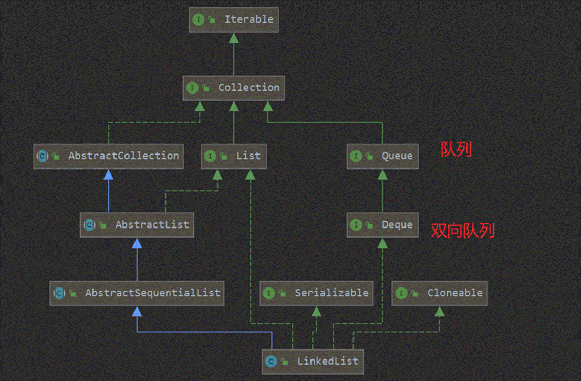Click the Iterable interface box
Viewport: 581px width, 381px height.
point(234,19)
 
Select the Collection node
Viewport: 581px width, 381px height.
point(234,87)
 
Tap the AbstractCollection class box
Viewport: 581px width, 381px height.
point(108,156)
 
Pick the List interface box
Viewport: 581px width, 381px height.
point(234,156)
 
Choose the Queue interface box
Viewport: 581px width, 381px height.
point(382,156)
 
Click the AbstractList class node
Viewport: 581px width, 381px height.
point(137,225)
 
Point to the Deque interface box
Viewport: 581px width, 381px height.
point(382,225)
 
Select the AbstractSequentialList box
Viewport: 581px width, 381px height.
point(137,293)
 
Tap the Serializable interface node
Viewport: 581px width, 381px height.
point(316,293)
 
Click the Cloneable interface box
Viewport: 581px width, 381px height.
point(440,293)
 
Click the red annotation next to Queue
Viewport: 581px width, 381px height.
point(456,150)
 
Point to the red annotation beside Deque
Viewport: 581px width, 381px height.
point(462,230)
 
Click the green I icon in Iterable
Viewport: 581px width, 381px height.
point(198,19)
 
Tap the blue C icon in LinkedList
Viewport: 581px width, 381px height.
point(271,361)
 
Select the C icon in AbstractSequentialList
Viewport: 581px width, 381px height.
point(59,293)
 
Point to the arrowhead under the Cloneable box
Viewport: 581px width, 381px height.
point(440,311)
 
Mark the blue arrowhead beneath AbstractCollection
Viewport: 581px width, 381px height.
point(108,174)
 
